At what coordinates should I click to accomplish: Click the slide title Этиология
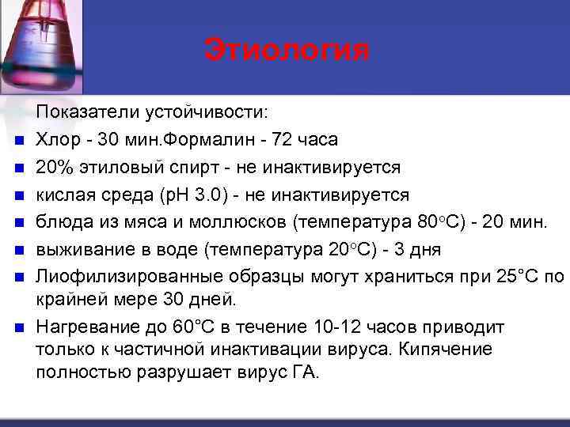click(x=287, y=50)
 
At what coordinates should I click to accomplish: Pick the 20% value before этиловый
click(x=54, y=167)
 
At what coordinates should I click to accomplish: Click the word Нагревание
click(x=85, y=327)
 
